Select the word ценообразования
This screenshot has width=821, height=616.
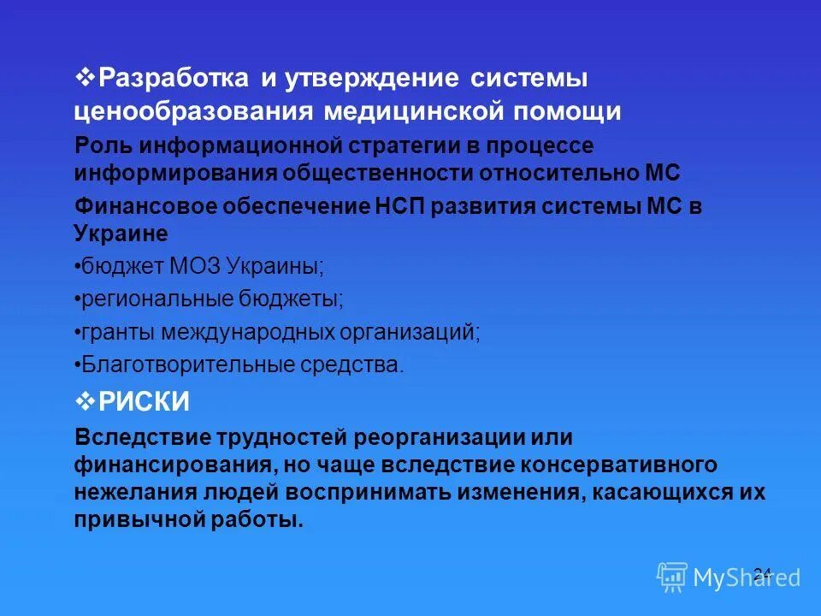click(192, 111)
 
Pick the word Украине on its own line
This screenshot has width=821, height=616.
click(121, 233)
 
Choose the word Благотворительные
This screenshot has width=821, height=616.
click(186, 364)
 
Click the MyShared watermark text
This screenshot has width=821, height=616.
click(746, 577)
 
